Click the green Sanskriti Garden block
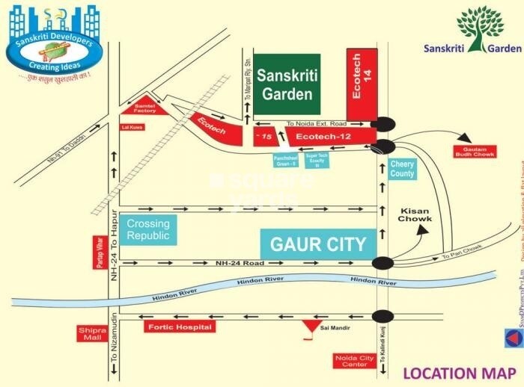[x=286, y=84]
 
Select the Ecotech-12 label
[x=323, y=137]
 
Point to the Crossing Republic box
[x=148, y=229]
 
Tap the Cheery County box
[x=402, y=169]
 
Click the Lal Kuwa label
[x=132, y=127]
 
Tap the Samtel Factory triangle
[x=144, y=108]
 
